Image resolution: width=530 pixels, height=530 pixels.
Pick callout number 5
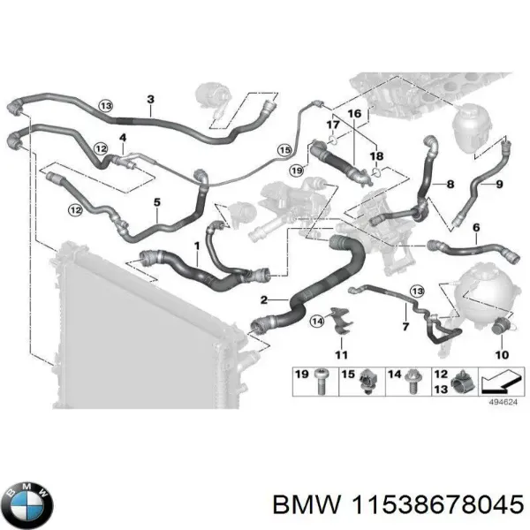point(156,202)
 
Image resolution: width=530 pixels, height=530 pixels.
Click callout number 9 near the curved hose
point(499,184)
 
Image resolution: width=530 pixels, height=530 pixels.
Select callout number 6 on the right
point(476,228)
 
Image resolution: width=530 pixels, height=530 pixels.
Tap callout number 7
point(405,328)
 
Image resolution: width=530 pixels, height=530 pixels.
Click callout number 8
point(450,184)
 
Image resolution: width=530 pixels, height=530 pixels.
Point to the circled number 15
point(284,149)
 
